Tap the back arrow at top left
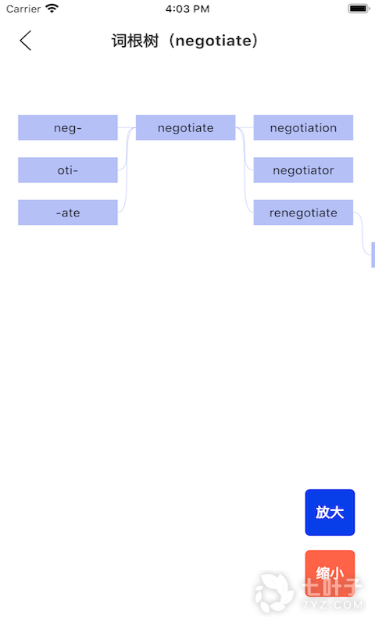[x=26, y=41]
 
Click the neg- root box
[x=68, y=127]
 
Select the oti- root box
[x=68, y=170]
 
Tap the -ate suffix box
[x=68, y=212]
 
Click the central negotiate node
[x=186, y=127]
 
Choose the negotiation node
[x=303, y=127]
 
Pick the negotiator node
[x=303, y=170]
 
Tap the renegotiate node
[x=303, y=212]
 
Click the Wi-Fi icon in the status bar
[x=52, y=9]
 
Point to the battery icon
[x=359, y=9]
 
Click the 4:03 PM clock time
[x=187, y=9]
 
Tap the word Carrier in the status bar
[x=23, y=9]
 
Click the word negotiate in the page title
[x=213, y=41]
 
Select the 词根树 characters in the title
[x=135, y=41]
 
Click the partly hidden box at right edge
[x=373, y=255]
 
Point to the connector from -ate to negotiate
[x=127, y=171]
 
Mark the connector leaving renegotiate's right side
[x=362, y=233]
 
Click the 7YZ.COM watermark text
[x=332, y=605]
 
